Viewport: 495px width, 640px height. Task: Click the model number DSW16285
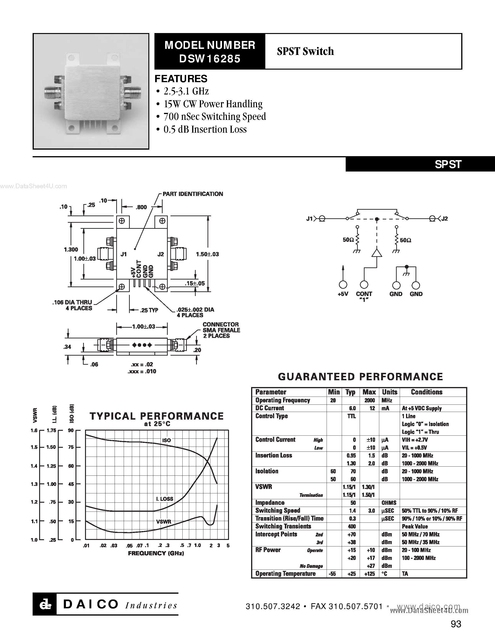(x=210, y=59)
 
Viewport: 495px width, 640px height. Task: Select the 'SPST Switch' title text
(x=305, y=51)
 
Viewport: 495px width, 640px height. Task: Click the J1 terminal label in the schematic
(x=309, y=219)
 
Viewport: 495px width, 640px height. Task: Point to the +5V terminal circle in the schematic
(x=343, y=285)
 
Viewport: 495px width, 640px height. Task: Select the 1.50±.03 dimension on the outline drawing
(x=207, y=254)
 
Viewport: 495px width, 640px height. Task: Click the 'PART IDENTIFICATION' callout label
(x=193, y=194)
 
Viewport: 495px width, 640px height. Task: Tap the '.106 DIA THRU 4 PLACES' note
(x=72, y=305)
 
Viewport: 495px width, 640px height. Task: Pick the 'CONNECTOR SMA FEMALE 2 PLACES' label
(x=221, y=330)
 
